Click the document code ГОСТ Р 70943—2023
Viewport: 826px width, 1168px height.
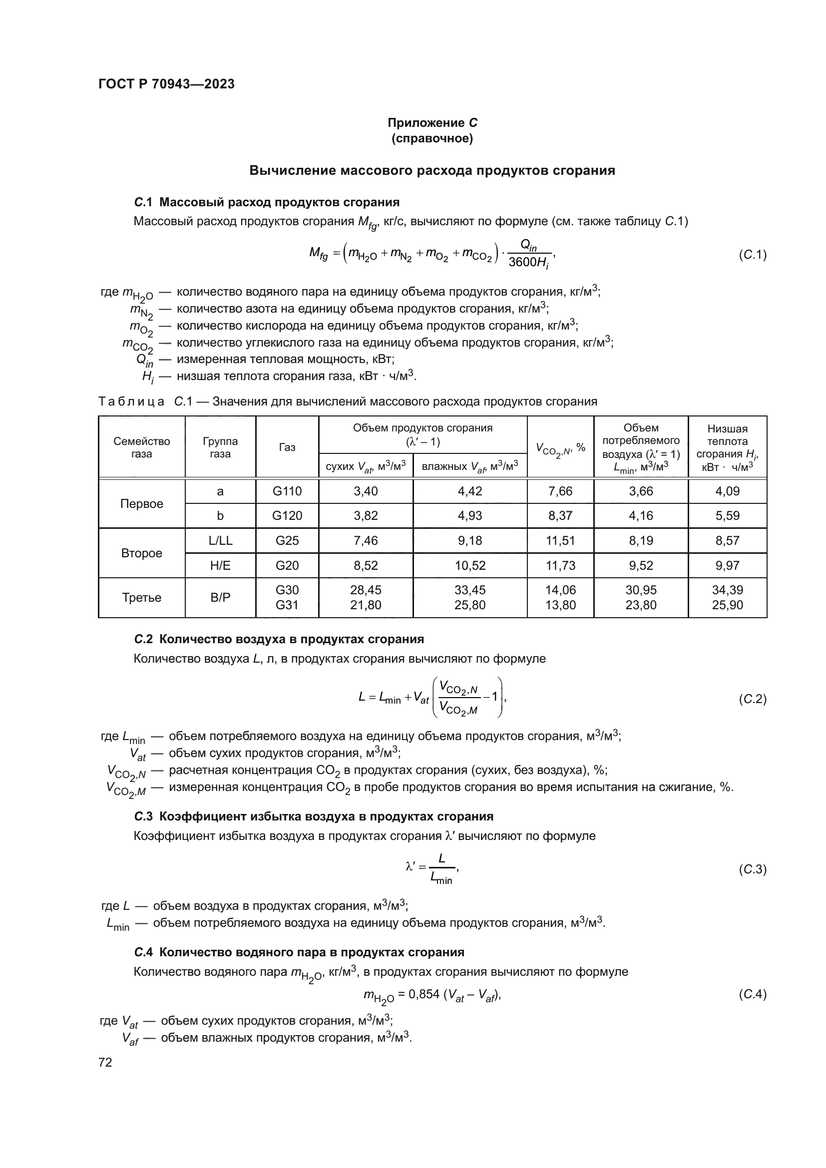(166, 84)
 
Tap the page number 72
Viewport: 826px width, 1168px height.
(105, 1062)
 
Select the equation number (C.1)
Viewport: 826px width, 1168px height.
(752, 254)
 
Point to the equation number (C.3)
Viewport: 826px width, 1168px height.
(752, 869)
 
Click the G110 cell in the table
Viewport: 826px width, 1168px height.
(287, 491)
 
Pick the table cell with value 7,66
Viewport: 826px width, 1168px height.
(560, 491)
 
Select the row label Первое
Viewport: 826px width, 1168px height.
(141, 504)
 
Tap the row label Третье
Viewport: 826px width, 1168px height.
(141, 597)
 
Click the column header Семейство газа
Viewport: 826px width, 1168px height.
(141, 447)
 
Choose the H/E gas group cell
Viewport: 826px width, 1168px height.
(220, 565)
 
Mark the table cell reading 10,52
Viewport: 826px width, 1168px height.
(470, 565)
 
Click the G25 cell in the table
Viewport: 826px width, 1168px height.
(287, 540)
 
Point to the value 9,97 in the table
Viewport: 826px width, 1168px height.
(727, 565)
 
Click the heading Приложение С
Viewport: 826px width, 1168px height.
(432, 123)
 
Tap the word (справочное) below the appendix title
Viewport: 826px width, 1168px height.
(432, 138)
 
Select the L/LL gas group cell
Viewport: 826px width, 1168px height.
(220, 540)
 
